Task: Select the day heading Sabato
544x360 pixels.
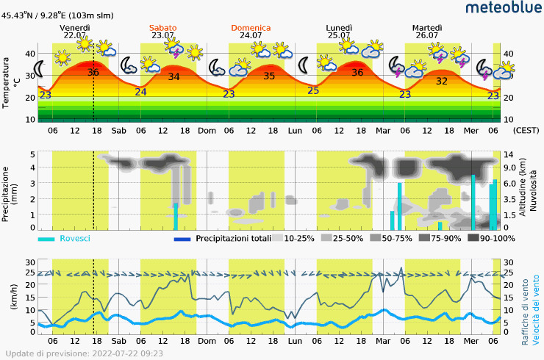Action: click(163, 28)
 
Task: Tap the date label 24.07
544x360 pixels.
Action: click(251, 35)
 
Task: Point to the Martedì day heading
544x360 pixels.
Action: click(426, 28)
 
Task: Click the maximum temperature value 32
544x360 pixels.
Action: click(442, 82)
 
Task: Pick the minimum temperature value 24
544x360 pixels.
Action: click(140, 92)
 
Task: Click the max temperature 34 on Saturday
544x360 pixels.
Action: click(173, 76)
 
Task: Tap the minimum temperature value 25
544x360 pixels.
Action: click(313, 90)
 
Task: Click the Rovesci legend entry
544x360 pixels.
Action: click(74, 239)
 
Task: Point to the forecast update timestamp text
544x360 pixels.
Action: click(85, 353)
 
